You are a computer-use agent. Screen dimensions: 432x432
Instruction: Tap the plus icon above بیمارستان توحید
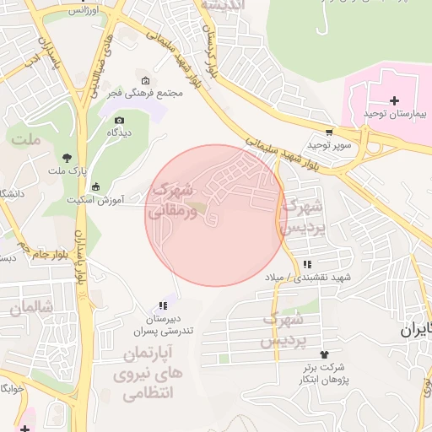394,100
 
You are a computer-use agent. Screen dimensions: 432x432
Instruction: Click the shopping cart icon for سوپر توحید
328,132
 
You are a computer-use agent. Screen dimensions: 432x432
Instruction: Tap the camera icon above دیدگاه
119,121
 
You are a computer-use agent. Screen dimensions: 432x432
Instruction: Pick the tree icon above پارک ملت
67,158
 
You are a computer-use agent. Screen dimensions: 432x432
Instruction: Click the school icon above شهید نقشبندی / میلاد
306,265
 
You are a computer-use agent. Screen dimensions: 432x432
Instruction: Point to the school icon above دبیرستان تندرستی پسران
162,305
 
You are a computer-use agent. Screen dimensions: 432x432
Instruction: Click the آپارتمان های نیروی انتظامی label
147,371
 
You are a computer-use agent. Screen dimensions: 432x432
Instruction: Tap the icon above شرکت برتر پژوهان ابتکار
321,354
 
